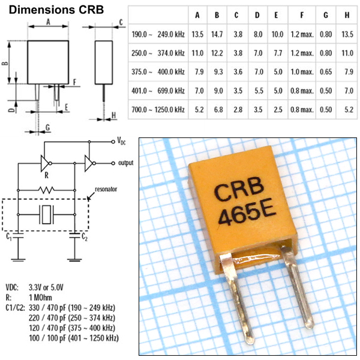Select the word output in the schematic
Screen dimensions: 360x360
point(125,163)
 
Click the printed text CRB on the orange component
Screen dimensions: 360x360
point(235,193)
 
